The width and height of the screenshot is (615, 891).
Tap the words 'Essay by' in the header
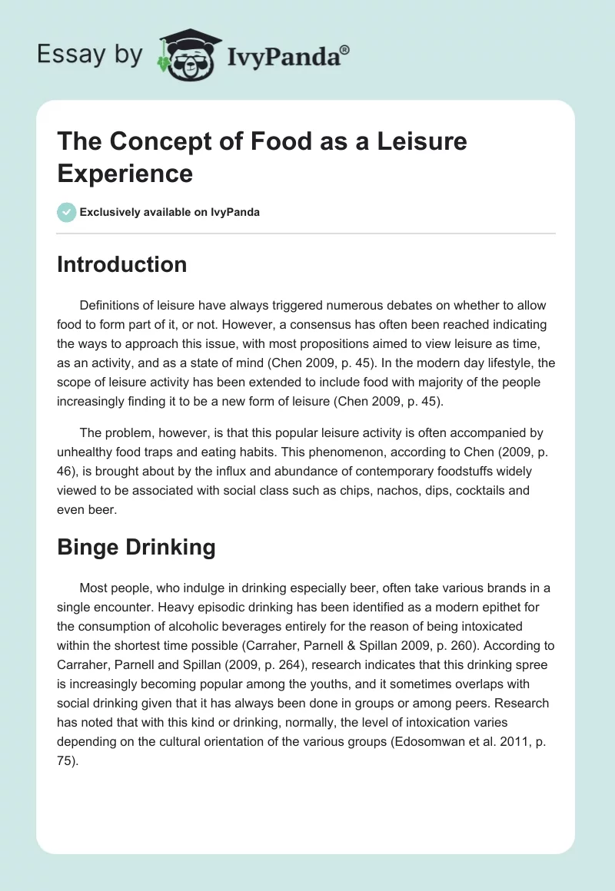89,55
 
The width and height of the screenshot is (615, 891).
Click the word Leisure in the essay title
419,141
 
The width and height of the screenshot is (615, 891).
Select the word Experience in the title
125,173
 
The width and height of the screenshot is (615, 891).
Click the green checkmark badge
66,212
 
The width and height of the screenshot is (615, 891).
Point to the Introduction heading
122,264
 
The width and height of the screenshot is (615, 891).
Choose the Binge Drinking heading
136,547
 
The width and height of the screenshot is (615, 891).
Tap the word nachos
354,490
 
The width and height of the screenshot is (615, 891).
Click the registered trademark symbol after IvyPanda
345,50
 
